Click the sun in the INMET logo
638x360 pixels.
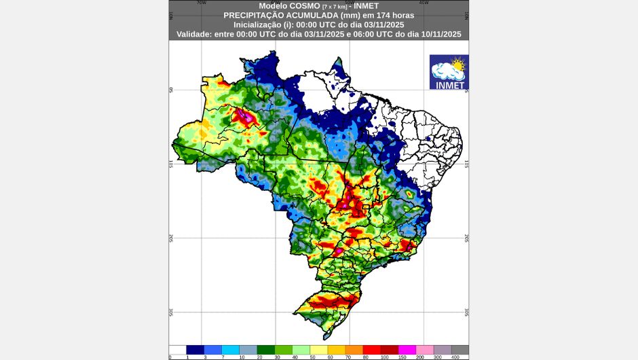(x=457, y=65)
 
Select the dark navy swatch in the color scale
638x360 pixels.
(x=195, y=349)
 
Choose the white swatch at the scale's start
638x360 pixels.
(x=177, y=349)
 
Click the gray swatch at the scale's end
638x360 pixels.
(x=459, y=349)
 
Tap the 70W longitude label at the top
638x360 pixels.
(x=201, y=3)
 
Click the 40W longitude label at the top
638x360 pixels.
(x=424, y=3)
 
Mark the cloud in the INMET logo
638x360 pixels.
(x=445, y=70)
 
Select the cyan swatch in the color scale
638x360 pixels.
(x=230, y=349)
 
